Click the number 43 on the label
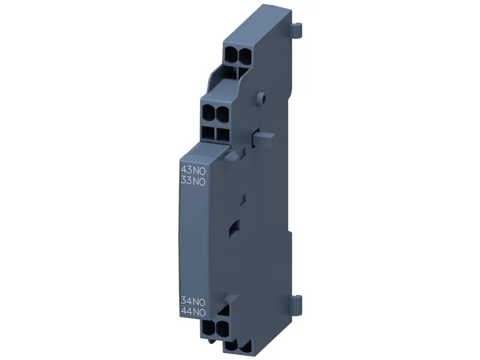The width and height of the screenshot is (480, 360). point(187,170)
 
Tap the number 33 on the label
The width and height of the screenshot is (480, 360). point(187,181)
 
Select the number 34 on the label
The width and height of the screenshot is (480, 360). point(187,301)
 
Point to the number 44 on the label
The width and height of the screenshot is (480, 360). point(187,312)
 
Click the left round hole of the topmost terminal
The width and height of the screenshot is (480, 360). point(231,55)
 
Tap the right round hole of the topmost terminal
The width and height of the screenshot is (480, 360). point(244,56)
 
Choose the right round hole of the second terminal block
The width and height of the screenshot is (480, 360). point(222,113)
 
